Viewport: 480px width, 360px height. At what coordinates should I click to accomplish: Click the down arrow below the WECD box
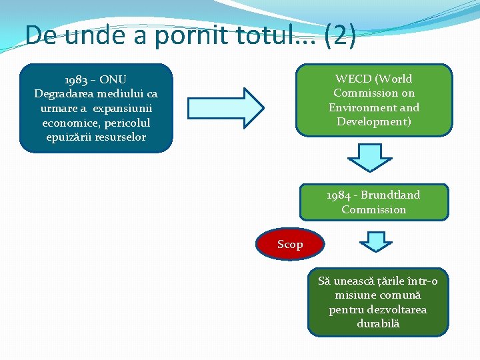point(370,158)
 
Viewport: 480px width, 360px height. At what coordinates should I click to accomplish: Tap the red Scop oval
point(290,245)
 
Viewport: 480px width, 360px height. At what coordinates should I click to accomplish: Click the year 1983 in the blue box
point(77,79)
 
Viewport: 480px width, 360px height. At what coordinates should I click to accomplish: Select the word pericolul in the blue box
point(126,123)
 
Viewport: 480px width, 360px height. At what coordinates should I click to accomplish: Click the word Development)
point(373,121)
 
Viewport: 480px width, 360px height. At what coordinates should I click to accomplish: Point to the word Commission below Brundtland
point(373,209)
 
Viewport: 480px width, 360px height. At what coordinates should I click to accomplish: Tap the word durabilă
point(378,323)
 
